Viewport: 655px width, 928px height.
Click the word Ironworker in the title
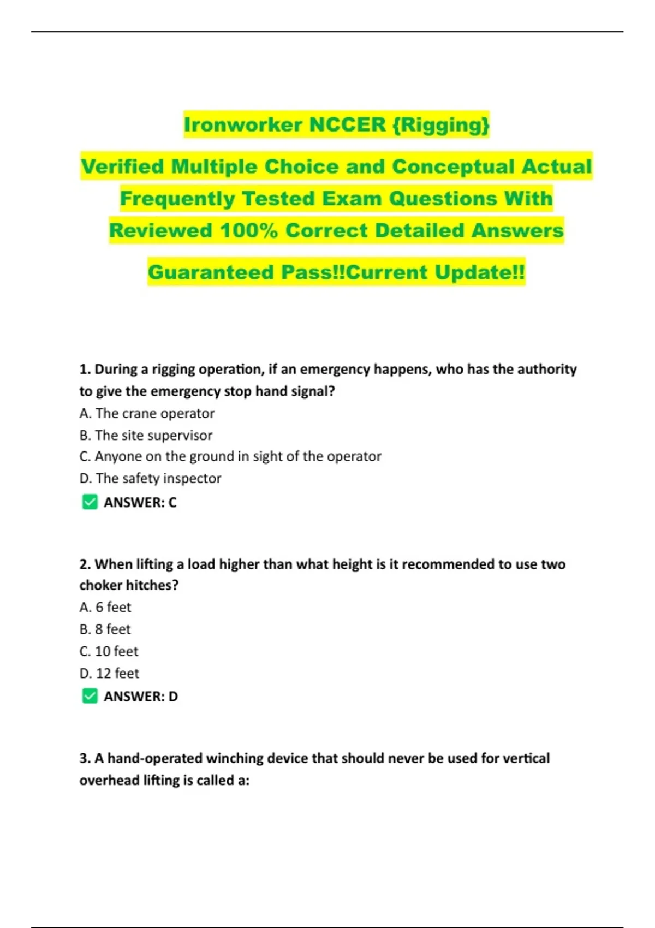pos(243,124)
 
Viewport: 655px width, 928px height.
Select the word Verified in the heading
pos(122,166)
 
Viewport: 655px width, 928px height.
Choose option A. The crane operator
pos(147,413)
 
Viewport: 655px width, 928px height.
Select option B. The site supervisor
pos(146,435)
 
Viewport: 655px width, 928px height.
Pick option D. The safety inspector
pos(150,478)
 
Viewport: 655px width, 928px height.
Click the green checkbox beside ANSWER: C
pos(90,502)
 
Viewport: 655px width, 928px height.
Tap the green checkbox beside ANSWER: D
pos(90,696)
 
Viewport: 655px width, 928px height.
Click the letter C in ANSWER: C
pos(172,502)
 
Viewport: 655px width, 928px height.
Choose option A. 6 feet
pos(105,607)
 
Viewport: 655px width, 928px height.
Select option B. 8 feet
pos(105,629)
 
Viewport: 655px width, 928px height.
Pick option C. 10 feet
pos(109,651)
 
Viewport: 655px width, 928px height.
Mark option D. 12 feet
pos(109,673)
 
